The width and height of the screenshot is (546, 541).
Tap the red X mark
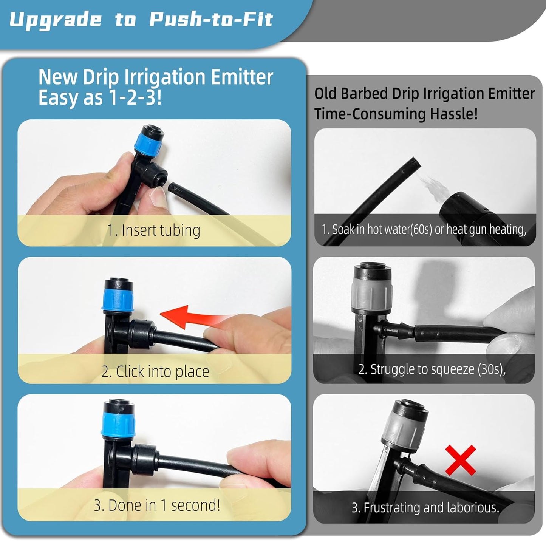460,460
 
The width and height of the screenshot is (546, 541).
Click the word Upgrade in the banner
56,20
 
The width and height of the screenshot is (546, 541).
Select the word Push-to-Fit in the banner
211,20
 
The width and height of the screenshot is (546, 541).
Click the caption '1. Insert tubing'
153,230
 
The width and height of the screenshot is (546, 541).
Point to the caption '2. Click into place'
155,371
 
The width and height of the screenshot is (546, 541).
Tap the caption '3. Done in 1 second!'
157,505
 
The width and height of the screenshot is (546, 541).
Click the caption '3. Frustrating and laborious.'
425,507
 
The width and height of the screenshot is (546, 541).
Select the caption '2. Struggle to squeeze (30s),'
432,369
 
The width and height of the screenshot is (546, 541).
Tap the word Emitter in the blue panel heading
242,77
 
